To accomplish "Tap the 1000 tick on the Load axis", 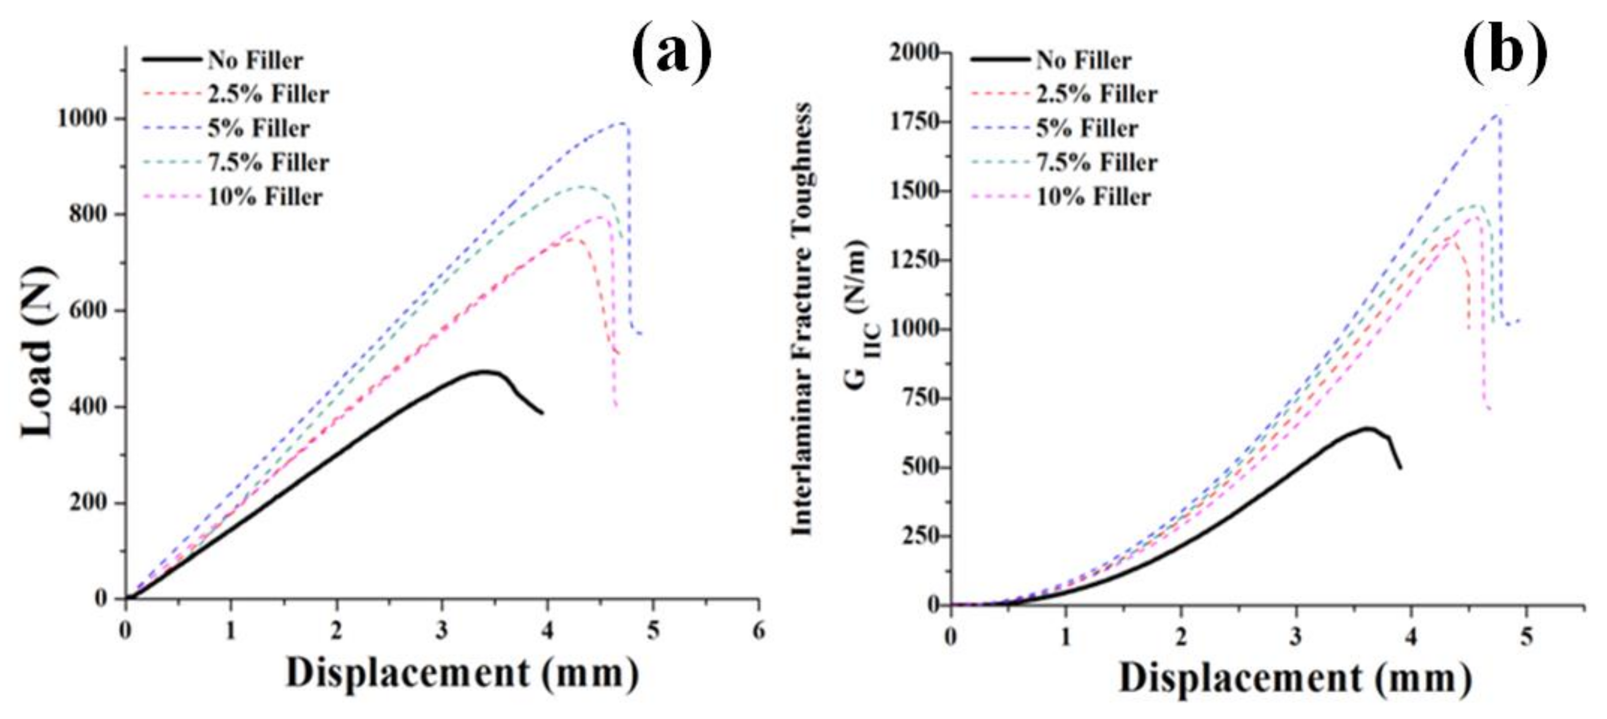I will (x=89, y=118).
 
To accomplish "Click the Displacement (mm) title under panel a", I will (x=462, y=674).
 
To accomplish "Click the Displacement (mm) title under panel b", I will (x=1295, y=678).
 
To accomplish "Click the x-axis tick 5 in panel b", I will (x=1526, y=637).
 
